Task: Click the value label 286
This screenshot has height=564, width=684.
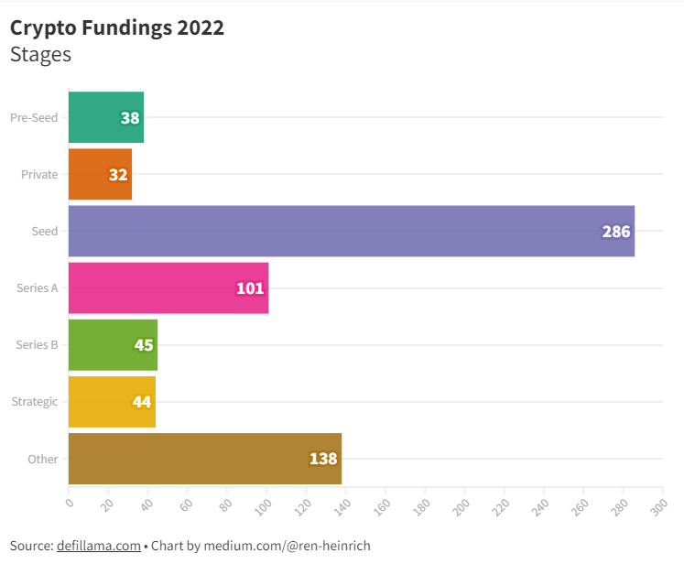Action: pos(616,232)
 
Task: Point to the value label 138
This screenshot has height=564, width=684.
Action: pos(323,459)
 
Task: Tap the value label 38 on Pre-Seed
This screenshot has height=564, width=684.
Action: pos(130,118)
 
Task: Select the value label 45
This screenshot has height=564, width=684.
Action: pos(144,345)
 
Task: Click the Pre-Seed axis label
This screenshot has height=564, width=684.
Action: pos(34,117)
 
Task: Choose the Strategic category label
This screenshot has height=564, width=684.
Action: pos(35,401)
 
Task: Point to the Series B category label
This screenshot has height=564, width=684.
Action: pos(38,344)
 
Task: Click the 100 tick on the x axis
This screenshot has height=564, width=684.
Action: pos(265,504)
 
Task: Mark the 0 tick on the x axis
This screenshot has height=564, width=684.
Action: pos(70,501)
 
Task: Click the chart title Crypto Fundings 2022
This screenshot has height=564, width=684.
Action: pos(117,27)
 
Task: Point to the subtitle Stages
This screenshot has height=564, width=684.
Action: pos(40,54)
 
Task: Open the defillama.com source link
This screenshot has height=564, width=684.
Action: pos(98,546)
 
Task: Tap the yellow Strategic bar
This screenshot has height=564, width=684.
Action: pos(112,401)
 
